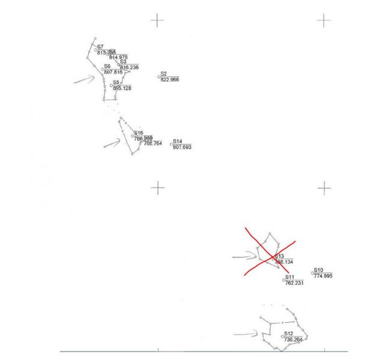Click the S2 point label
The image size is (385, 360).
[x=164, y=73]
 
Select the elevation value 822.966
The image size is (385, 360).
[x=170, y=79]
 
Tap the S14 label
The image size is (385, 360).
[x=177, y=141]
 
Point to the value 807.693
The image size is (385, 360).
[x=182, y=147]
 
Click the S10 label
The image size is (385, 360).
[x=319, y=270]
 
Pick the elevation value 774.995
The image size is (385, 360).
[x=323, y=276]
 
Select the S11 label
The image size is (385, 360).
[x=290, y=278]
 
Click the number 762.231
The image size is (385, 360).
[x=294, y=283]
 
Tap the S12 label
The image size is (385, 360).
[x=289, y=334]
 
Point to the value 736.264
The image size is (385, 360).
[x=293, y=340]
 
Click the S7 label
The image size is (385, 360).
[x=100, y=46]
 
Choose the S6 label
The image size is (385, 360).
[x=107, y=67]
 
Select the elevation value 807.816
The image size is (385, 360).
[x=113, y=72]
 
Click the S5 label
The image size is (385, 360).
[x=116, y=82]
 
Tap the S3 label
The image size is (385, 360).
[x=123, y=61]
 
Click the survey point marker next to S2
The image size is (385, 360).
[x=159, y=76]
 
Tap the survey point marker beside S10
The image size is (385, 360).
[x=312, y=273]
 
